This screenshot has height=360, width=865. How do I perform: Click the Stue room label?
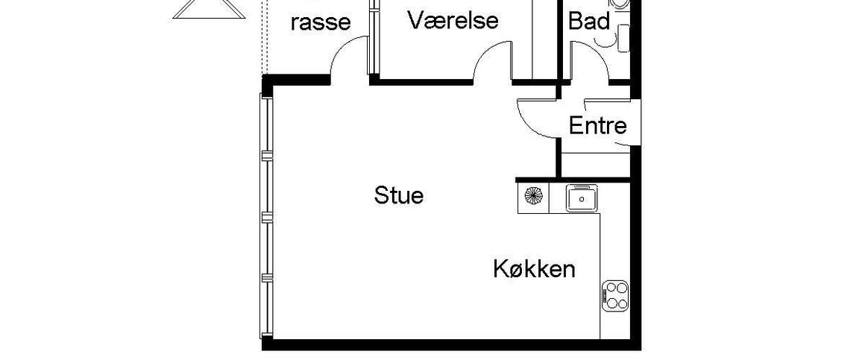click(x=398, y=196)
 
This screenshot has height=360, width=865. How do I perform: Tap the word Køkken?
click(x=534, y=268)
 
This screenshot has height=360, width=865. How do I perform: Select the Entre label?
click(x=597, y=126)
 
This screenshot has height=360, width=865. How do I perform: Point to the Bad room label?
click(x=589, y=22)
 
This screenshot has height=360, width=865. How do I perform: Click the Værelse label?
click(x=453, y=20)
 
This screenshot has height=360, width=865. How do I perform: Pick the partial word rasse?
click(x=320, y=22)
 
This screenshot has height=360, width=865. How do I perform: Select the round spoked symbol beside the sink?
click(x=533, y=198)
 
